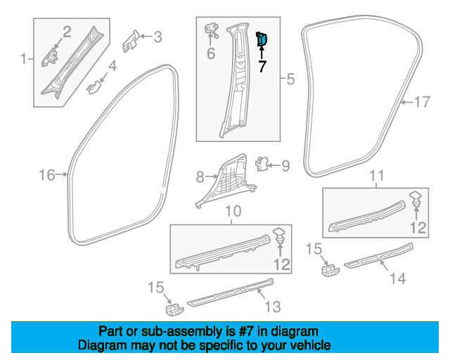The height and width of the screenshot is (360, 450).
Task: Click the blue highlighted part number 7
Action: (262, 39)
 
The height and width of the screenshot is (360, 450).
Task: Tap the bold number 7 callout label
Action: (262, 67)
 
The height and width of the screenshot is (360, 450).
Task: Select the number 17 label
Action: (423, 102)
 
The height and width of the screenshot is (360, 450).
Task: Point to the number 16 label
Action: (47, 175)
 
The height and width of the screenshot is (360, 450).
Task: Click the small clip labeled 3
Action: (131, 41)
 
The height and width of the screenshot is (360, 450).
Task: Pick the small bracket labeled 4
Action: (94, 86)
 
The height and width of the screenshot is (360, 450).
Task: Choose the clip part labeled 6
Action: (212, 30)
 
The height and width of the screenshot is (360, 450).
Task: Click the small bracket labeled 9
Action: (262, 164)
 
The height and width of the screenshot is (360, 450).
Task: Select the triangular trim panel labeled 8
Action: (226, 180)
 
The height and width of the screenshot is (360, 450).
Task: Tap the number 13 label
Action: (272, 307)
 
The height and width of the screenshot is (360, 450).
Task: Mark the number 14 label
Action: (398, 278)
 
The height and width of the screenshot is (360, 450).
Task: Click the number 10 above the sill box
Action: (233, 212)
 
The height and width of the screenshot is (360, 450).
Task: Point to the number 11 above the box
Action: (377, 175)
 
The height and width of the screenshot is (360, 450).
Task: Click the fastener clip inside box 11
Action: (416, 199)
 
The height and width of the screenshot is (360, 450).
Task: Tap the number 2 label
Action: (67, 32)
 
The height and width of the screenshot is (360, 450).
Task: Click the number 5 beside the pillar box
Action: (290, 79)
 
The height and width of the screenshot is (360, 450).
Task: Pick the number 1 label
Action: (24, 59)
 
